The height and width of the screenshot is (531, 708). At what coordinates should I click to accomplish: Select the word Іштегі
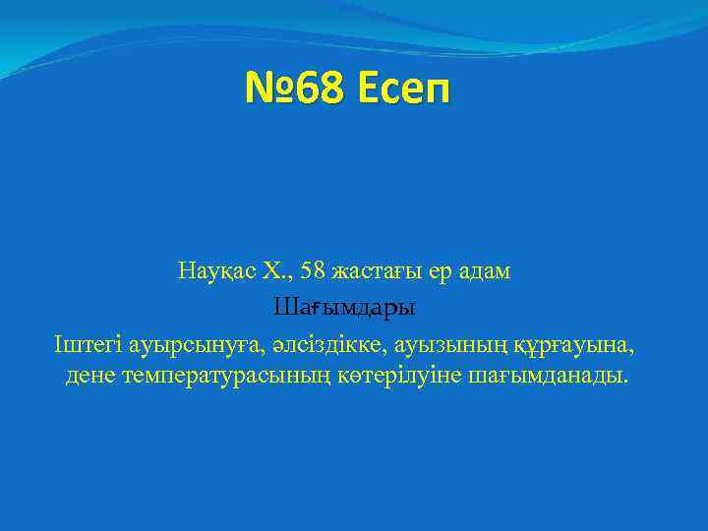tap(83, 344)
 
